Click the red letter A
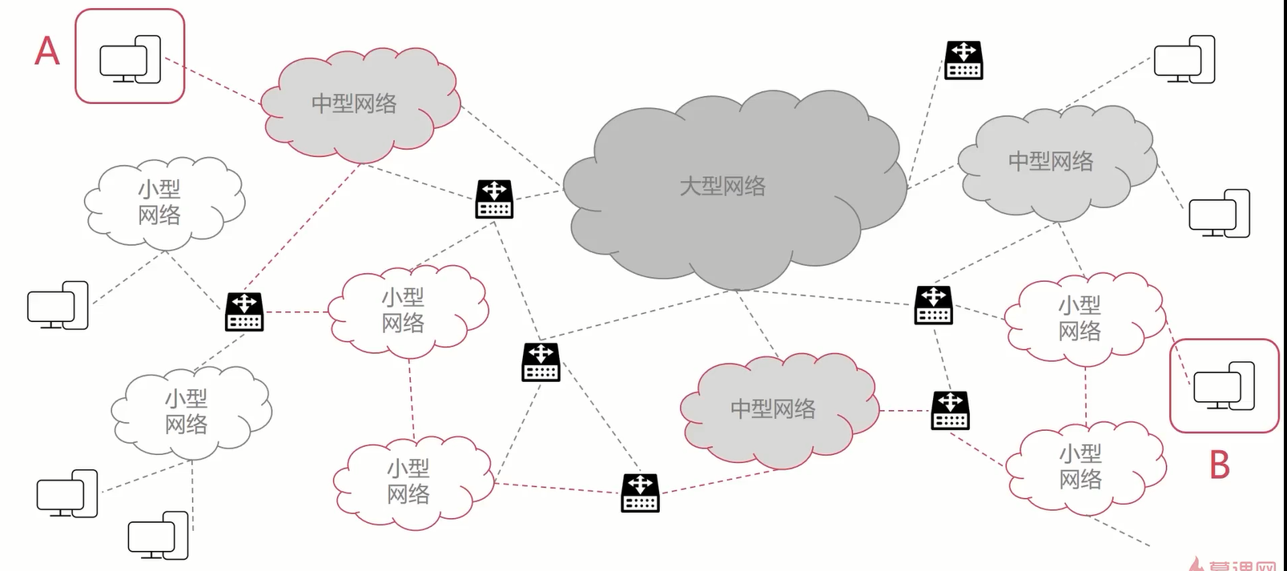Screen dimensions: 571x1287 tap(47, 51)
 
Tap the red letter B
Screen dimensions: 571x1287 tap(1219, 465)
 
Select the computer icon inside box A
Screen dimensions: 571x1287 tap(130, 59)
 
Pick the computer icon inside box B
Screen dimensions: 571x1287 tap(1224, 386)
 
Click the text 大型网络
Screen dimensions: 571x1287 tap(722, 187)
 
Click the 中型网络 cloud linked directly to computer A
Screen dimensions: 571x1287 tap(360, 104)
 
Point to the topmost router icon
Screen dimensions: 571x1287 tap(963, 60)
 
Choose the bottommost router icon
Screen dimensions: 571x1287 tap(640, 493)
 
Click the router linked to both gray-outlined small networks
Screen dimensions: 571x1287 tap(244, 312)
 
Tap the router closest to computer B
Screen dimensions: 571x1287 tap(951, 410)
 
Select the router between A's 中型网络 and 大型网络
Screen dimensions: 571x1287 tap(494, 199)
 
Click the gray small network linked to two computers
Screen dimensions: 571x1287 tap(189, 412)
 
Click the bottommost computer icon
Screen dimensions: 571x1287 tap(158, 535)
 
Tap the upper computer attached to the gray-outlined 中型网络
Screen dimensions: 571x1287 tap(1184, 59)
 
